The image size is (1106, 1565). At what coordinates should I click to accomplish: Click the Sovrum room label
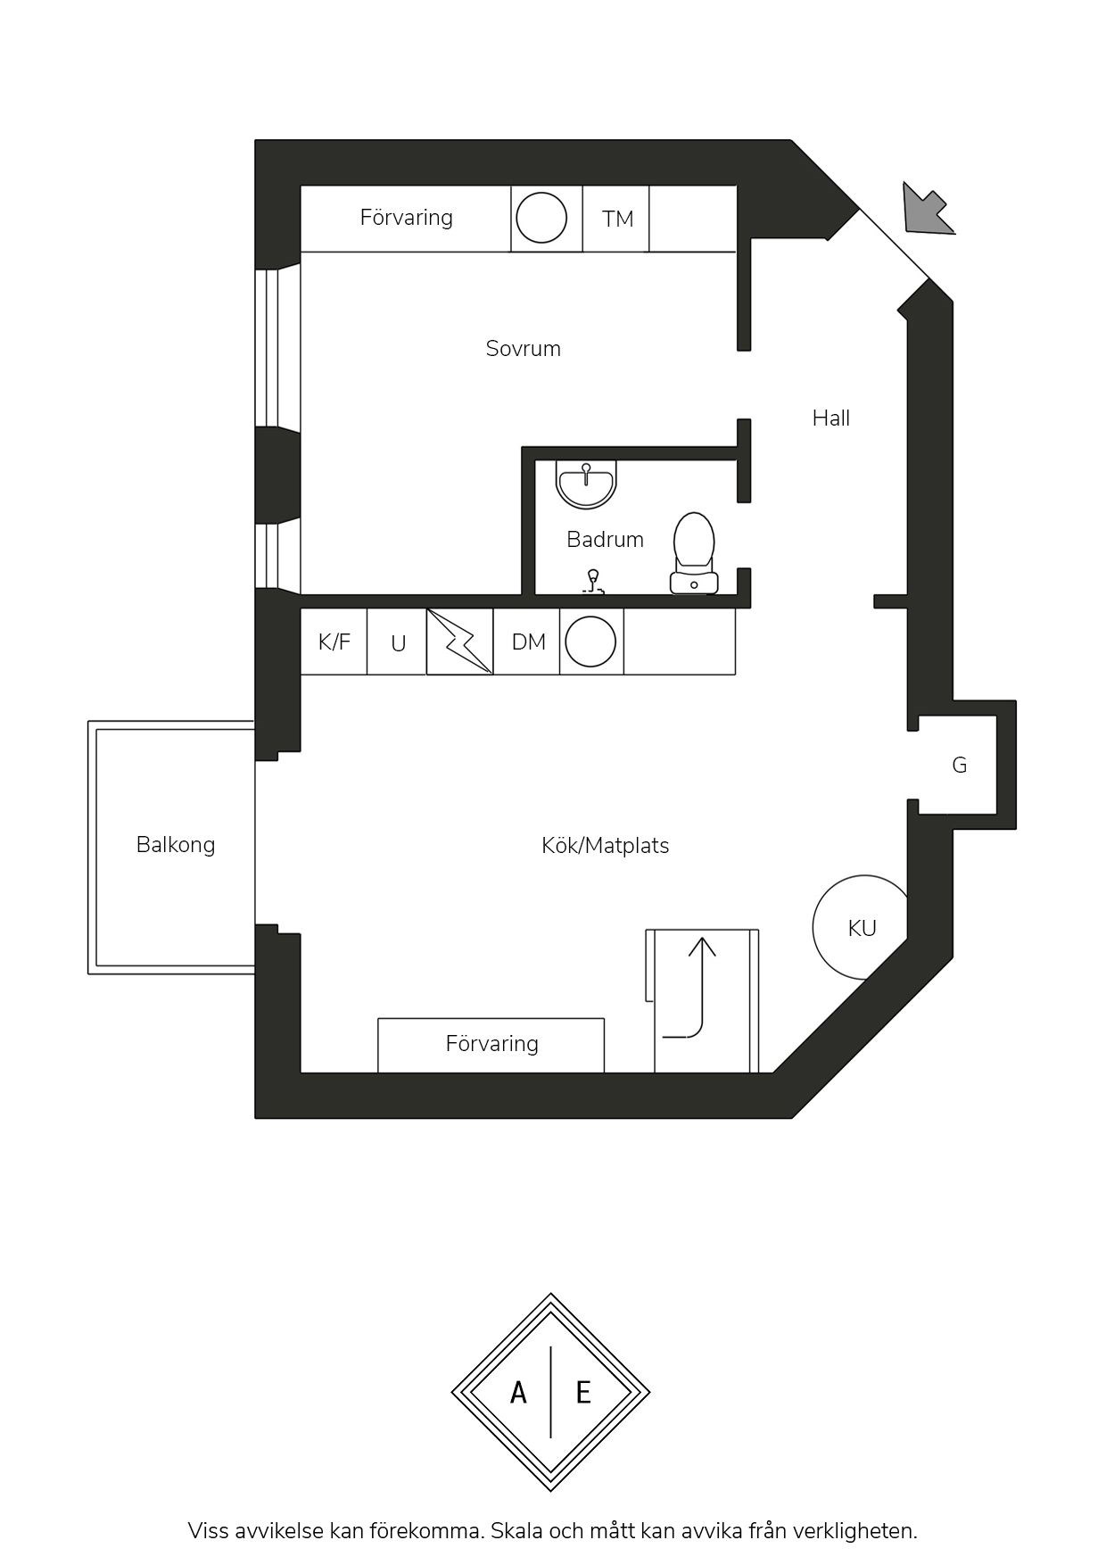pos(523,348)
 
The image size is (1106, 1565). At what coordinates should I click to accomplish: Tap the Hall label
pos(830,418)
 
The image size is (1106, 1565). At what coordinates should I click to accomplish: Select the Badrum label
pos(605,539)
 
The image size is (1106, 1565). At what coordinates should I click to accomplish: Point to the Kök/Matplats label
pos(605,845)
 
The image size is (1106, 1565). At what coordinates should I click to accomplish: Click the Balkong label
pos(176,844)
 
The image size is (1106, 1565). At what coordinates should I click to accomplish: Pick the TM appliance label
pos(617,219)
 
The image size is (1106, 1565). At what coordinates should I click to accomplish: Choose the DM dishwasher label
pos(529,642)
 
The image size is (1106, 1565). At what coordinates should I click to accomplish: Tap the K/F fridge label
pos(334,642)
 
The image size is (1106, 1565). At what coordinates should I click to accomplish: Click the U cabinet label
pos(399,643)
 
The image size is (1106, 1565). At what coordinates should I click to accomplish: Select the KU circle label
pos(862,929)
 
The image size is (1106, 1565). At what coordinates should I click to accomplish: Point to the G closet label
pos(960,765)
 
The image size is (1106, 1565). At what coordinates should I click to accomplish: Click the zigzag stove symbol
pos(460,642)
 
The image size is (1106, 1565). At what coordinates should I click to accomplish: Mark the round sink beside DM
pos(590,642)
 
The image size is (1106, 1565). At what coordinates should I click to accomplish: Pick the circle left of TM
pos(541,218)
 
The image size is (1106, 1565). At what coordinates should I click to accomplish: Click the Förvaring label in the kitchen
pos(491,1044)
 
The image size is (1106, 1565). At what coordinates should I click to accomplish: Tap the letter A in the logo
pos(518,1392)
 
